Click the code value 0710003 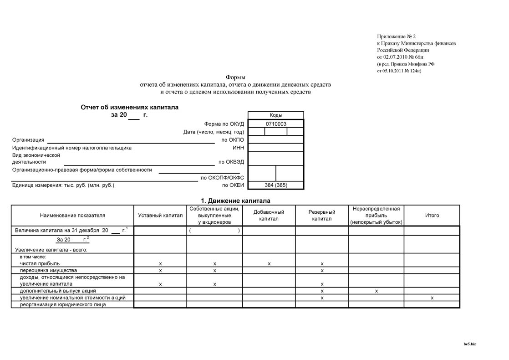pyautogui.click(x=276, y=124)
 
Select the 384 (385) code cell pyautogui.click(x=276, y=185)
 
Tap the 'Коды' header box pyautogui.click(x=276, y=115)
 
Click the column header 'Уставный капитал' pyautogui.click(x=160, y=216)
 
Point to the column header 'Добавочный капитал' pyautogui.click(x=269, y=216)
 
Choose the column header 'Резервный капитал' pyautogui.click(x=322, y=216)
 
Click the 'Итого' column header pyautogui.click(x=432, y=216)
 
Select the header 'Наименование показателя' pyautogui.click(x=72, y=216)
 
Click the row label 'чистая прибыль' pyautogui.click(x=40, y=263)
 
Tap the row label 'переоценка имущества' pyautogui.click(x=45, y=270)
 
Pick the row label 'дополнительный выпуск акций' pyautogui.click(x=58, y=291)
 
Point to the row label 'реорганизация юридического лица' pyautogui.click(x=63, y=304)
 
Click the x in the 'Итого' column pyautogui.click(x=432, y=298)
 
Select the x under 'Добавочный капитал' pyautogui.click(x=269, y=264)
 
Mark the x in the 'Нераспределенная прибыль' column pyautogui.click(x=377, y=291)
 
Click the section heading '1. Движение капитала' pyautogui.click(x=235, y=201)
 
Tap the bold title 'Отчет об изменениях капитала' pyautogui.click(x=130, y=108)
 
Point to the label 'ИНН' pyautogui.click(x=238, y=148)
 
